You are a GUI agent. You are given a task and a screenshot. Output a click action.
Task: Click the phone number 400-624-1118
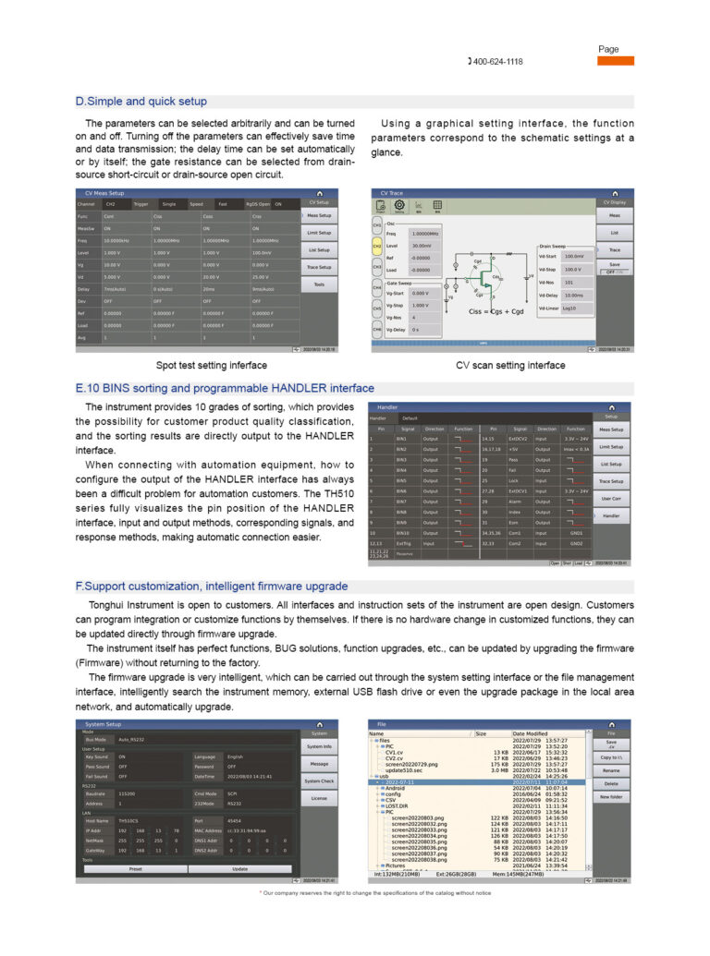click(497, 61)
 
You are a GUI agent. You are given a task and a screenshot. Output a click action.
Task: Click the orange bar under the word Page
click(615, 61)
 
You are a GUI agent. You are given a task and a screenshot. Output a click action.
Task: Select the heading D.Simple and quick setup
click(141, 102)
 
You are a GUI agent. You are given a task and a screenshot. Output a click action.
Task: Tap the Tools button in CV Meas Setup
click(319, 284)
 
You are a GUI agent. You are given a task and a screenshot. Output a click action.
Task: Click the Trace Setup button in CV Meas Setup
click(319, 267)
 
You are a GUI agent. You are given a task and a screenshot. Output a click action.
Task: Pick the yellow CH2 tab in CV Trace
click(377, 247)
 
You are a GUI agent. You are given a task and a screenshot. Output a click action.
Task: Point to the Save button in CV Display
click(614, 264)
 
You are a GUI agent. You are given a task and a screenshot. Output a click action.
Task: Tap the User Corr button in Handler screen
click(611, 499)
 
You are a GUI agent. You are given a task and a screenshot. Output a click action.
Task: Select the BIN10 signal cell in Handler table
click(402, 533)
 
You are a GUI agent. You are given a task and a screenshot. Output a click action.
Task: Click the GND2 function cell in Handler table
click(576, 543)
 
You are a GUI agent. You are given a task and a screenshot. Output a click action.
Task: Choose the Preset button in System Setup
click(136, 868)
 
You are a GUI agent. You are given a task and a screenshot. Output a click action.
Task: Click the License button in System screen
click(319, 797)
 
